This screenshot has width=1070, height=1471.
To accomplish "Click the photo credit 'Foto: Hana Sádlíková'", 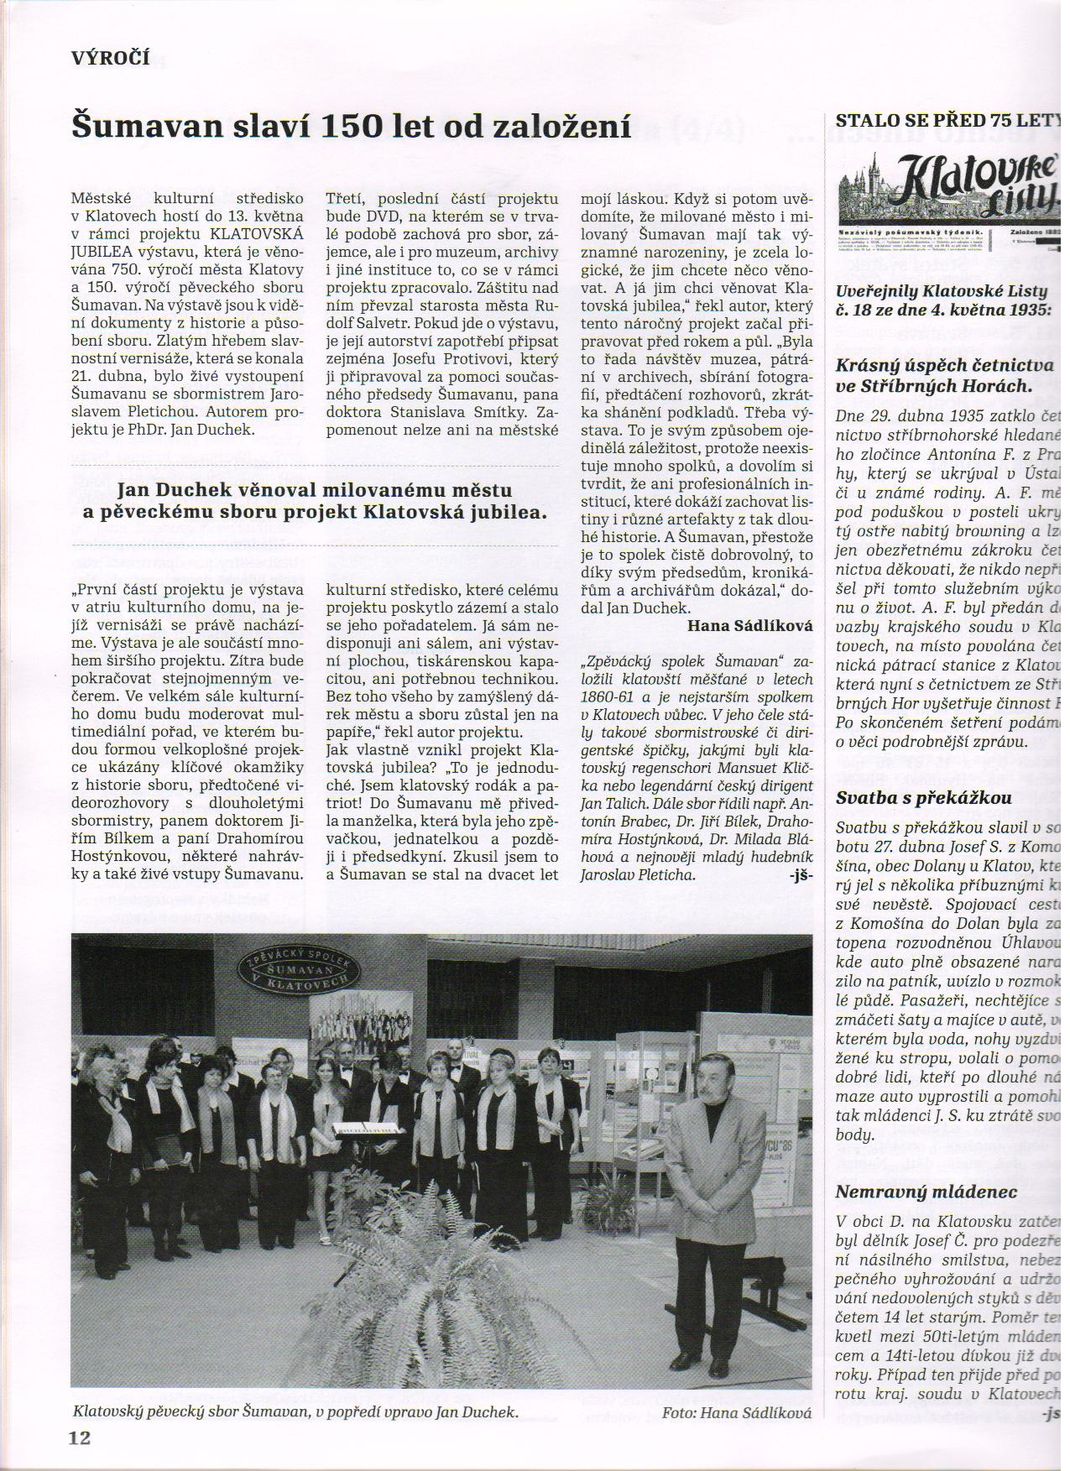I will point(736,1412).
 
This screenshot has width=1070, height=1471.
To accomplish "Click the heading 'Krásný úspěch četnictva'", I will point(944,364).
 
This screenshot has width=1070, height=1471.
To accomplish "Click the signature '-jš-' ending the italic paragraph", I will point(801,876).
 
